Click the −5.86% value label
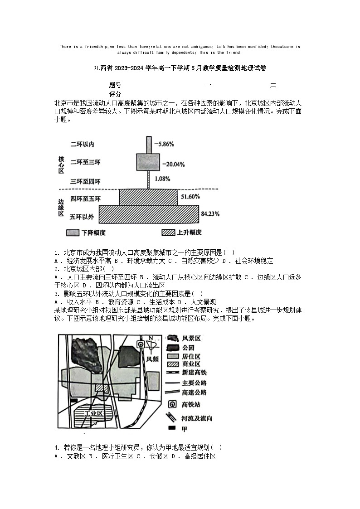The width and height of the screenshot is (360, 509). pos(164,144)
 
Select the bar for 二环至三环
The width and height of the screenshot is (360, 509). pos(149,162)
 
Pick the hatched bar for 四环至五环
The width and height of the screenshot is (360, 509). pos(148,197)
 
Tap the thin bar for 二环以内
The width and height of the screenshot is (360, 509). pos(148,144)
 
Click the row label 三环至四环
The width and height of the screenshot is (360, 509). pos(85,181)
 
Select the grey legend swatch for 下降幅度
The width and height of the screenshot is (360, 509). pos(73,233)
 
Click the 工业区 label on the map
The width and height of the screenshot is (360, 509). pos(94,413)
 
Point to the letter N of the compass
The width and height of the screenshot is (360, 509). pos(150,338)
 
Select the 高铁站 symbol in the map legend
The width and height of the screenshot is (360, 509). pos(172,404)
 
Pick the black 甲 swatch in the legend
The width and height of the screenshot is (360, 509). pos(172,428)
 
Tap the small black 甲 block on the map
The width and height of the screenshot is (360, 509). pos(73,401)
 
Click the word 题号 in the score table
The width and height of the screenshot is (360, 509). pos(115,85)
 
